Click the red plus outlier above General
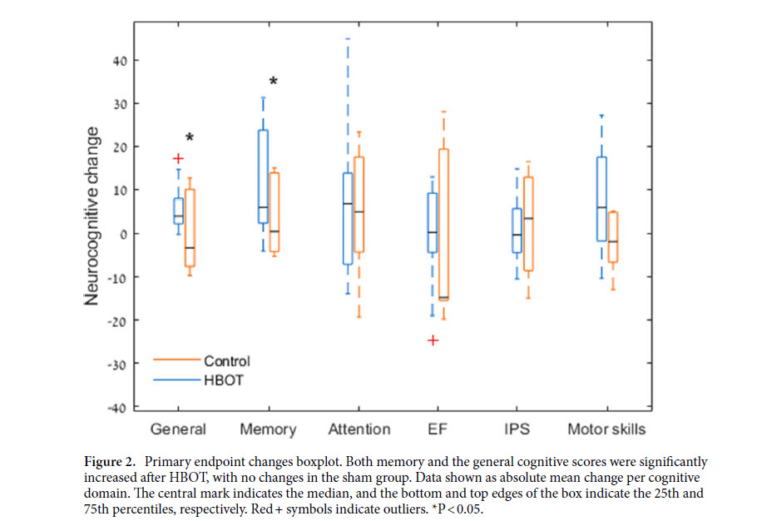178,158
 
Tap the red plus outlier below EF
433,340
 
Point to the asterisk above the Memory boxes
273,82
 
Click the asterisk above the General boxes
189,138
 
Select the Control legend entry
226,361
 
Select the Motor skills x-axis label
606,429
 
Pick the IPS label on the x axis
517,429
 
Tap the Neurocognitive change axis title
93,216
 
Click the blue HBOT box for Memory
263,176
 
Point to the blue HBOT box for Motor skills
601,199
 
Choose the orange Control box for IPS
528,224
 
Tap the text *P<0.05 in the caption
464,506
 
